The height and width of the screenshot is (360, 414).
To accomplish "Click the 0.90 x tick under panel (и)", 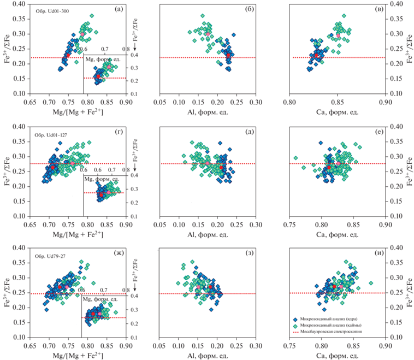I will click(386, 346).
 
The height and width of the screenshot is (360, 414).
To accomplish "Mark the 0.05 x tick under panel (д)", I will click(159, 224).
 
